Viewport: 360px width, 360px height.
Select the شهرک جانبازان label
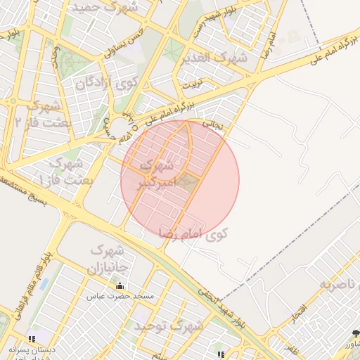106,259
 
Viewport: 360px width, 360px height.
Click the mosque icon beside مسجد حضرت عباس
120,286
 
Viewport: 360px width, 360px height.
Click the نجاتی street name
213,122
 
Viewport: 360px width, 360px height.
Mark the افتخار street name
300,309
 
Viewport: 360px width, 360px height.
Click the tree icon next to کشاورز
354,333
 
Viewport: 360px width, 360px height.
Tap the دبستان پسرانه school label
32,349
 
